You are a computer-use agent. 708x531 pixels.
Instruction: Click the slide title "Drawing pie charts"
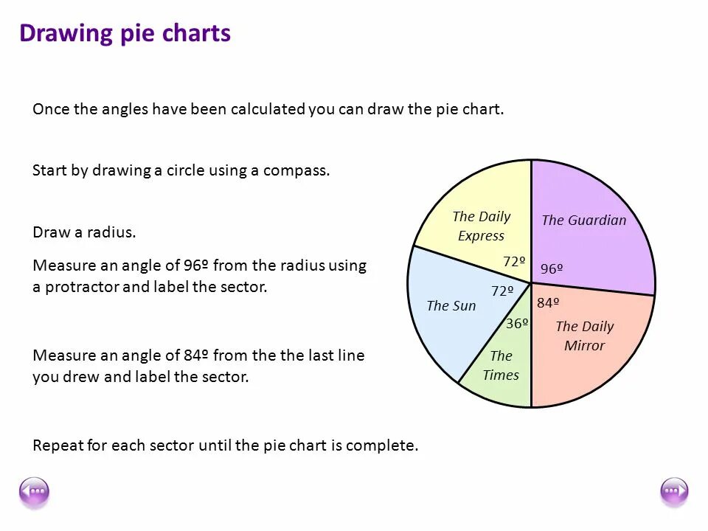coord(125,34)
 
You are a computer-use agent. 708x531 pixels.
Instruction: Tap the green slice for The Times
coord(502,365)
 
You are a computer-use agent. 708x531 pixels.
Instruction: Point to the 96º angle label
coord(552,269)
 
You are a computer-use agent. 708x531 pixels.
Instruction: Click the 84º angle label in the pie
coord(548,302)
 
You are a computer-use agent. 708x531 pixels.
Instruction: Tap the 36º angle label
coord(517,323)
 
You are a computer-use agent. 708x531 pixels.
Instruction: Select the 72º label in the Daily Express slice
coord(514,261)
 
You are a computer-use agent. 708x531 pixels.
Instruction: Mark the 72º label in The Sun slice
coord(502,291)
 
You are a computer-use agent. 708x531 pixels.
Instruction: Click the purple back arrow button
coord(34,492)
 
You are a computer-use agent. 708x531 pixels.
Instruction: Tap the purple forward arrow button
coord(674,492)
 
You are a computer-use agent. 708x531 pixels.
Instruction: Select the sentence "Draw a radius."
coord(84,232)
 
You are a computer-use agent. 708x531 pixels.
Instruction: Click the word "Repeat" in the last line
coord(56,445)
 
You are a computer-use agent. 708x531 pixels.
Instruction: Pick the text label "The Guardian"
coord(583,220)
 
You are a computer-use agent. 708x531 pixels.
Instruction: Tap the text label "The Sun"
coord(451,305)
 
